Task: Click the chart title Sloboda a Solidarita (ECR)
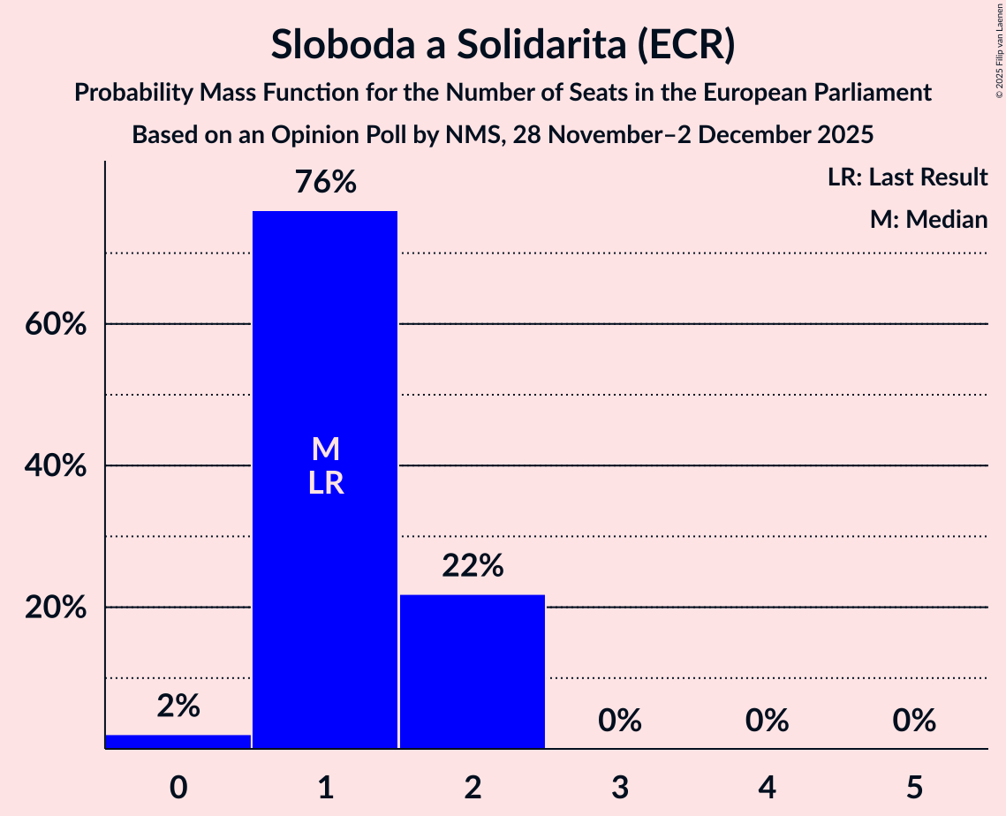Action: [503, 44]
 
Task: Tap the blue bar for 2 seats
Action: [473, 671]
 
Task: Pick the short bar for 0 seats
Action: [178, 741]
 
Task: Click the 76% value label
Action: [325, 183]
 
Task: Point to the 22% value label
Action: [473, 565]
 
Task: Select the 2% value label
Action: [178, 706]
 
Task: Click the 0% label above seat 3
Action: [619, 721]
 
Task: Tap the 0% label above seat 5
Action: [913, 721]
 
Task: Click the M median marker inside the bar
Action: [325, 450]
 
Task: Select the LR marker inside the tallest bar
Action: [325, 483]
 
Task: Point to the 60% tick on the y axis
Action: [55, 325]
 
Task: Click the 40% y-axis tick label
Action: [55, 466]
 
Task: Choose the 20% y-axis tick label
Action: [55, 608]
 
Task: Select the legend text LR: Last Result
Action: [907, 178]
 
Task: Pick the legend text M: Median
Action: [928, 219]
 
